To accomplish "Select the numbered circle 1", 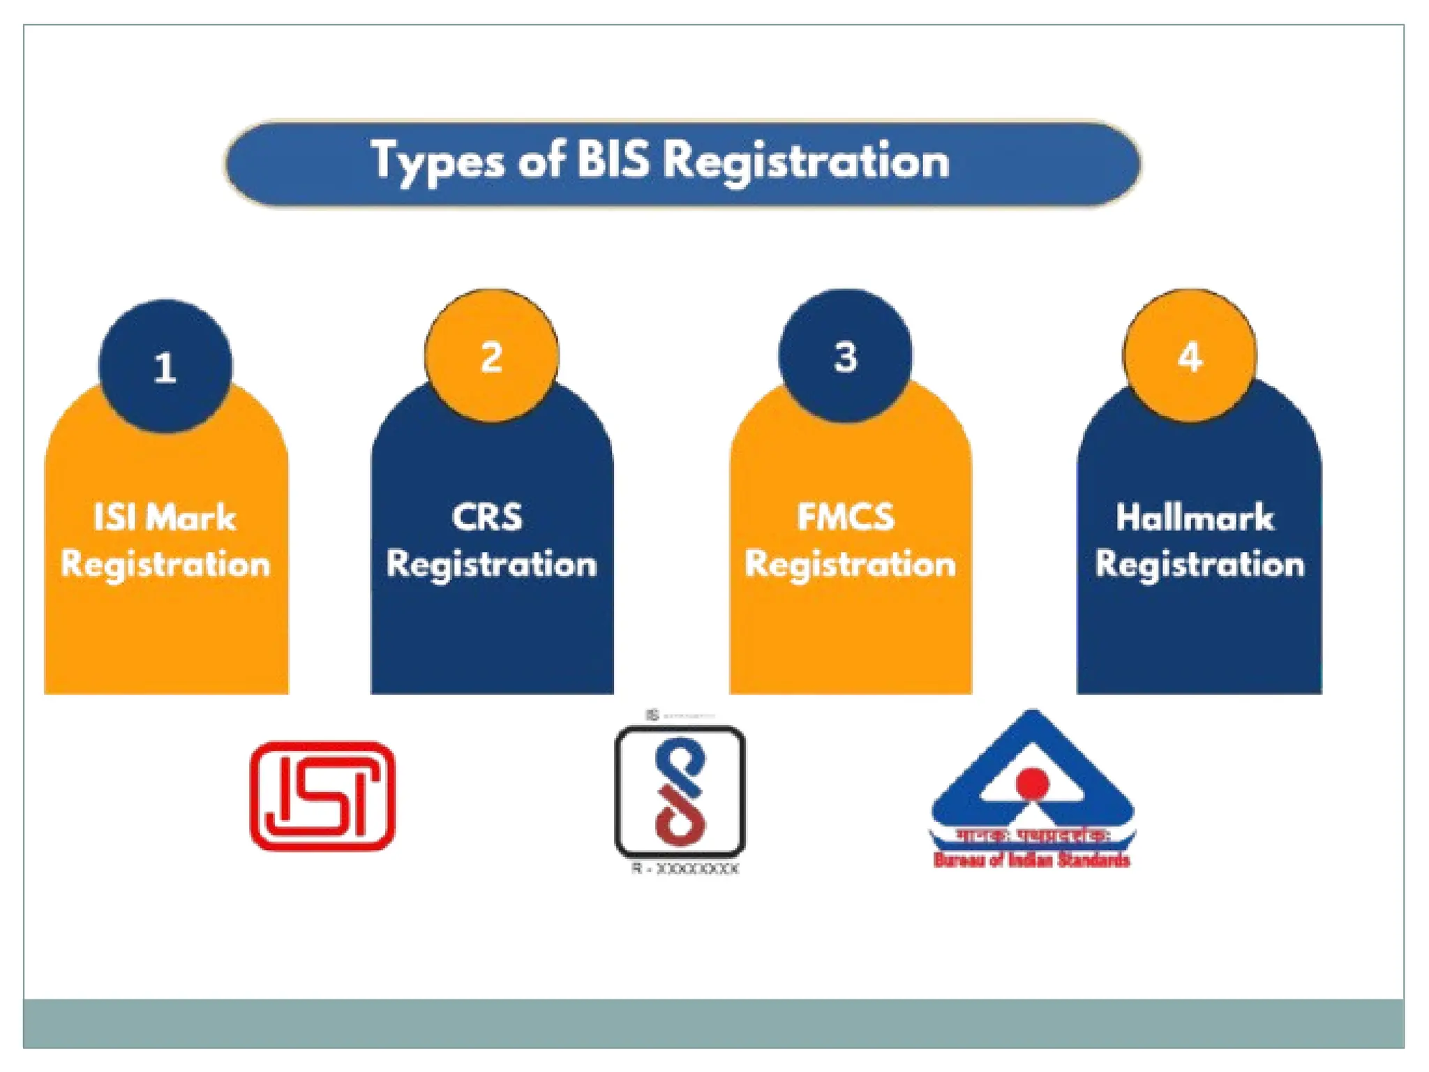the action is (165, 366).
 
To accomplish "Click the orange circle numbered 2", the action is (492, 356).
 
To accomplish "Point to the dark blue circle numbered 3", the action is (845, 356).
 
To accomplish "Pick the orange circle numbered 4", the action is (1190, 356).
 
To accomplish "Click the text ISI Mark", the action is (165, 518).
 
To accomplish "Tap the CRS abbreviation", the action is (487, 517).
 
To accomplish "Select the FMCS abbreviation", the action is (846, 517).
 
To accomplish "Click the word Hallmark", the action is (1195, 518).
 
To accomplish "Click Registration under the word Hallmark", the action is (1199, 564).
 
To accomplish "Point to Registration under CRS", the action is (492, 564).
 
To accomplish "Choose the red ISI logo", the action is (322, 796).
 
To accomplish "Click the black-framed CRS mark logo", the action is (680, 791).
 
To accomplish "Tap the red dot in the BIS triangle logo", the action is (1033, 782).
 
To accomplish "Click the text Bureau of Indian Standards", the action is (1031, 860).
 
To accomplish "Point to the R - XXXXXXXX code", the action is (685, 869).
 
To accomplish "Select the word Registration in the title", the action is (806, 161).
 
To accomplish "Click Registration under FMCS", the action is (850, 564).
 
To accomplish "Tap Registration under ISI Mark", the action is (165, 564).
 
